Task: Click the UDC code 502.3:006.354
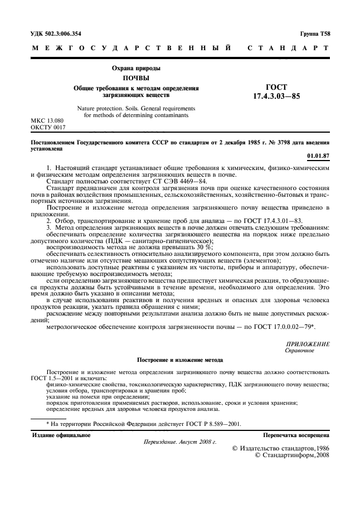coord(64,33)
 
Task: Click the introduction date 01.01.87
coord(318,156)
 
